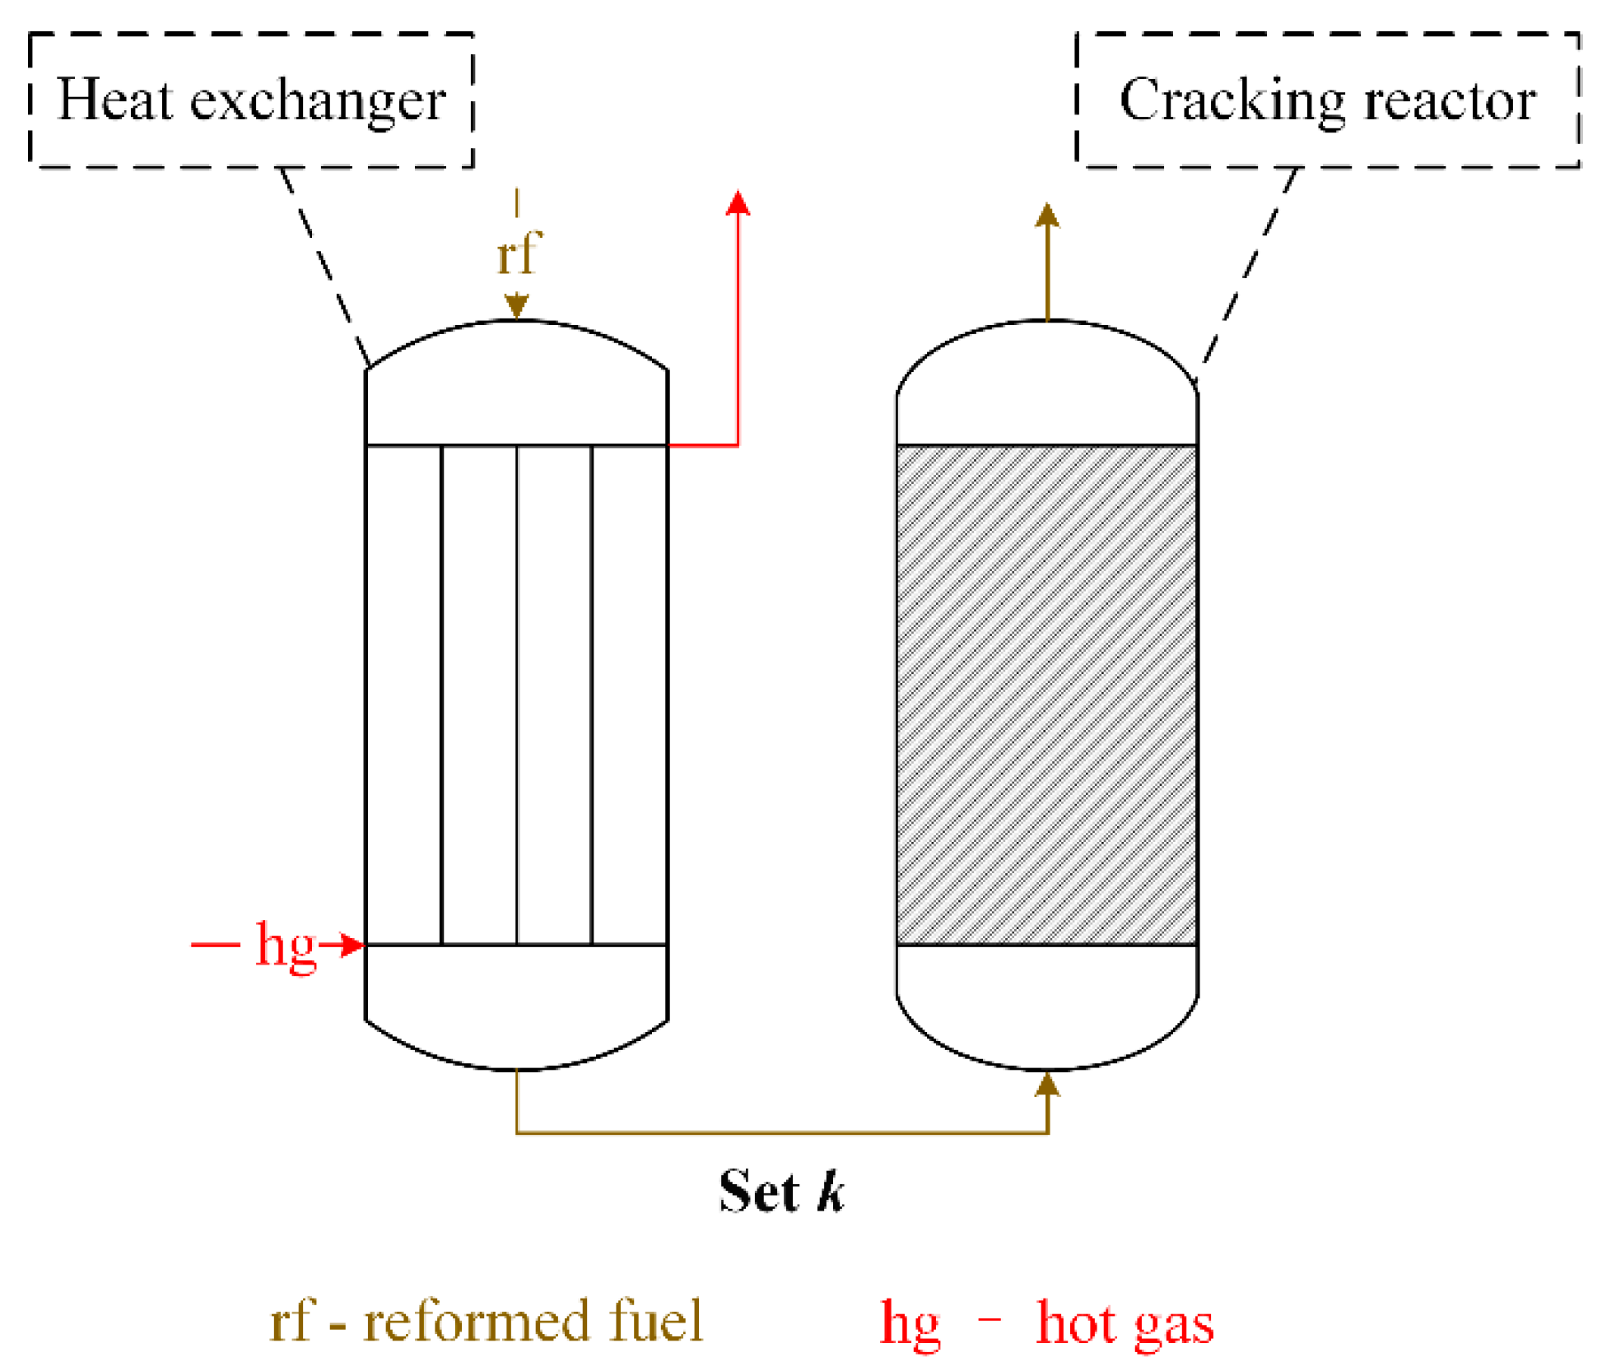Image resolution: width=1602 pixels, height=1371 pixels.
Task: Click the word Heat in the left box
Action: pos(114,100)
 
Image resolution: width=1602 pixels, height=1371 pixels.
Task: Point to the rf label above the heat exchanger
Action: pos(518,253)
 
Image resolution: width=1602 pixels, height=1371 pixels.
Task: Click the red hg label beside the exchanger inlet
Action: pos(286,945)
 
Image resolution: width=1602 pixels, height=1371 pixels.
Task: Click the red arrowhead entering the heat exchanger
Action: pos(353,945)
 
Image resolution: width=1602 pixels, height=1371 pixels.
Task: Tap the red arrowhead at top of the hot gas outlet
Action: pos(738,203)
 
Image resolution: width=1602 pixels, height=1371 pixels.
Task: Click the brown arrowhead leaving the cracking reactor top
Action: pos(1047,216)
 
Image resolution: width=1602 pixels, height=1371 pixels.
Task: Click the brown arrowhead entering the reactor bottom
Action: pos(1047,1085)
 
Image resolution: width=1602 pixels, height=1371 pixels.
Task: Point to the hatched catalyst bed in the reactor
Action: pos(1046,695)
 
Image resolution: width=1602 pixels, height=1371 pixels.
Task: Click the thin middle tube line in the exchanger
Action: pos(517,695)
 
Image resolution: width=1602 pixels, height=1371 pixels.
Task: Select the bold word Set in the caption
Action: pos(758,1191)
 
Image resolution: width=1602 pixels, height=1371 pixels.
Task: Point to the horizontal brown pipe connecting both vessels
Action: pos(782,1133)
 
